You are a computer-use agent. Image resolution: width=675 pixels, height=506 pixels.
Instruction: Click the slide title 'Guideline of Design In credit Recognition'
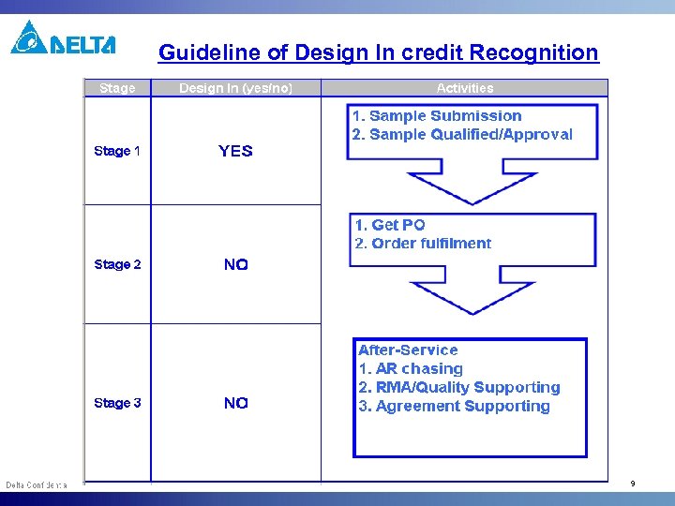pyautogui.click(x=378, y=52)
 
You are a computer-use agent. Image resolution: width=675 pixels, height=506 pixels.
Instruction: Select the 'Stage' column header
pyautogui.click(x=117, y=88)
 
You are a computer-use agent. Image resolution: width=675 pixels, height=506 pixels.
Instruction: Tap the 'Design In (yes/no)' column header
pyautogui.click(x=235, y=88)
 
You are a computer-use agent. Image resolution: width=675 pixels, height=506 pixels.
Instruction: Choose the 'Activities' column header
pyautogui.click(x=464, y=88)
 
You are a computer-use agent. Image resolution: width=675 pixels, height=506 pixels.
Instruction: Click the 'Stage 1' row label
pyautogui.click(x=117, y=151)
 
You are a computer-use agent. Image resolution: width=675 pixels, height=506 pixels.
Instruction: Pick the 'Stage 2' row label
pyautogui.click(x=117, y=264)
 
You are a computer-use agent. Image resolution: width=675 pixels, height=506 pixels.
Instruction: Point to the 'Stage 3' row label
pyautogui.click(x=117, y=403)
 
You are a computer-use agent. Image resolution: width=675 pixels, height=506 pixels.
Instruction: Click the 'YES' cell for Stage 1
pyautogui.click(x=235, y=151)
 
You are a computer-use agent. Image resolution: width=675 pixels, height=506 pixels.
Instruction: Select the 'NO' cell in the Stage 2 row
pyautogui.click(x=235, y=265)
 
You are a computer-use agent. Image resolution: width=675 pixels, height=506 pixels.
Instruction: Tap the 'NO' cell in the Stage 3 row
pyautogui.click(x=235, y=403)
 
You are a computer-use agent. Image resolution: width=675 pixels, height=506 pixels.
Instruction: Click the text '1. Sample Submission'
pyautogui.click(x=436, y=116)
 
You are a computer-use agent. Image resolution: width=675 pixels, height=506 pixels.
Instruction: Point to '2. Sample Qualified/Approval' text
pyautogui.click(x=461, y=135)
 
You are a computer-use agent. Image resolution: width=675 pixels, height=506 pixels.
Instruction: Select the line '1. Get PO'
pyautogui.click(x=389, y=225)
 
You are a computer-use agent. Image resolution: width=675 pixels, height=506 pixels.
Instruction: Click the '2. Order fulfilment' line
pyautogui.click(x=422, y=244)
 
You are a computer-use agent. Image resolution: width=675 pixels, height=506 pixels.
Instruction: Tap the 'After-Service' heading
pyautogui.click(x=408, y=350)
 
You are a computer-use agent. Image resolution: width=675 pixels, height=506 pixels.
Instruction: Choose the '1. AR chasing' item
pyautogui.click(x=411, y=368)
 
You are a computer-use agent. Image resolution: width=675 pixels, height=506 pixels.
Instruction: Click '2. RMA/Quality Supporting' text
pyautogui.click(x=458, y=387)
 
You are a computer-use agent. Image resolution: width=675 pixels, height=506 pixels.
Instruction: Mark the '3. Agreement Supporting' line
pyautogui.click(x=454, y=406)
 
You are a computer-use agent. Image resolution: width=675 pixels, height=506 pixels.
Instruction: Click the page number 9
pyautogui.click(x=633, y=484)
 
